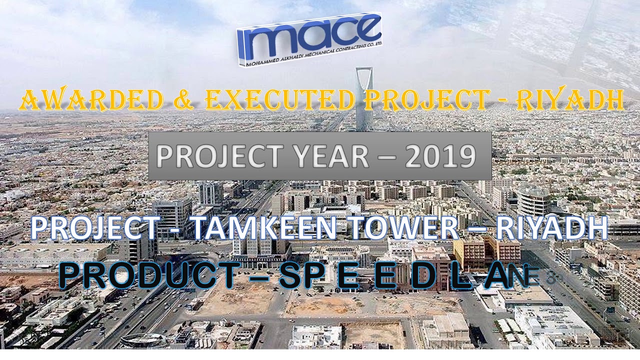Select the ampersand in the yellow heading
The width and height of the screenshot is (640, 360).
184,100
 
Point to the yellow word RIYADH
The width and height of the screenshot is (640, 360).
569,100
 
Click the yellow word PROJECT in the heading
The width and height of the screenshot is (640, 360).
424,100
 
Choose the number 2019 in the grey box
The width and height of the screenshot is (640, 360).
440,156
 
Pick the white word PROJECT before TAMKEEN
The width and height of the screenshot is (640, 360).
95,228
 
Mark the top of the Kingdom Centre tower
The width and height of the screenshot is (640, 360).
363,70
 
